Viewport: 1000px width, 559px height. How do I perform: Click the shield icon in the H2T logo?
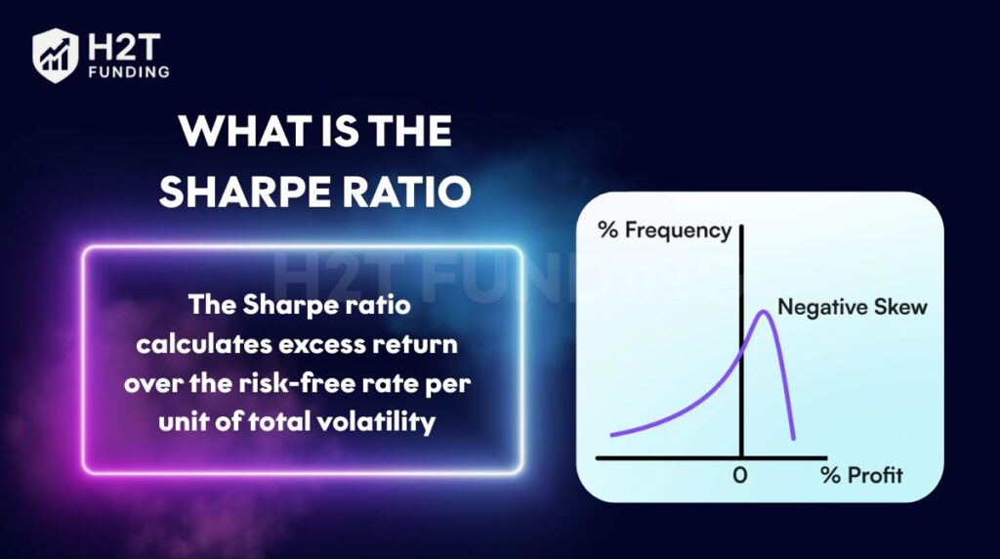tap(56, 56)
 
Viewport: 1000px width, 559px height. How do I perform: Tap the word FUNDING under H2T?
tap(130, 72)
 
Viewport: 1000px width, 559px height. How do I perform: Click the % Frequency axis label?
tap(664, 231)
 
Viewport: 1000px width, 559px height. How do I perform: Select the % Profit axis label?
tap(861, 475)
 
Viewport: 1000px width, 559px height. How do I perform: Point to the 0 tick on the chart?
tap(740, 475)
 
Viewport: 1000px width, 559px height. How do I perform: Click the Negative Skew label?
tap(852, 307)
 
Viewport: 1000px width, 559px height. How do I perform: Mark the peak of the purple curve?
tap(763, 312)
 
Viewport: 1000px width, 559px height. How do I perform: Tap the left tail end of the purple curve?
tap(612, 435)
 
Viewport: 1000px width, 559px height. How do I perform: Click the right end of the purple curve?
tap(793, 439)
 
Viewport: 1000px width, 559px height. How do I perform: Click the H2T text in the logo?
tap(124, 47)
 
